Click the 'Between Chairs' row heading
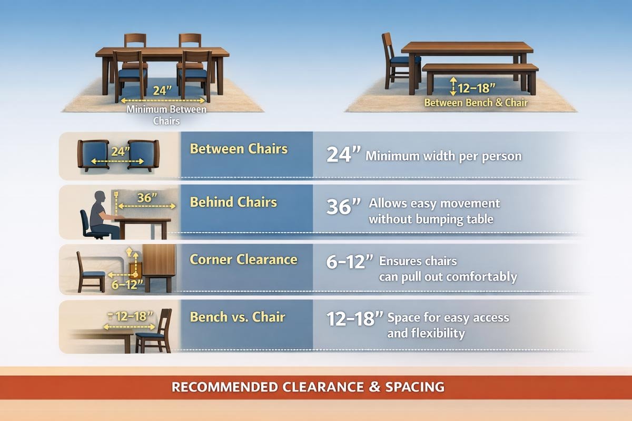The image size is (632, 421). (x=239, y=149)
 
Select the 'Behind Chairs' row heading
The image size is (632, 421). (x=233, y=203)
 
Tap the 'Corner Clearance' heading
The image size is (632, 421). (x=243, y=259)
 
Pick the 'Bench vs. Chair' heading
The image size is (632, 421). (x=237, y=317)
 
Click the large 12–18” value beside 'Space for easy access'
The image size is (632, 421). (x=354, y=319)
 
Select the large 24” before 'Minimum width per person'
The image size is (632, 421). (x=343, y=155)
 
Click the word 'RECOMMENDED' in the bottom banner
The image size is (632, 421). (x=224, y=388)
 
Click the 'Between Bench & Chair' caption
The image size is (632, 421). (x=476, y=103)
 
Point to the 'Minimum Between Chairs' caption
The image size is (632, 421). (x=166, y=115)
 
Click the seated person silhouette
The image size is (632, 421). (x=100, y=213)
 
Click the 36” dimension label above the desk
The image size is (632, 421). (x=147, y=198)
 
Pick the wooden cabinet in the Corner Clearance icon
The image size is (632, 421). (x=159, y=263)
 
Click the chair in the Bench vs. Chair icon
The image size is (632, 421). (x=155, y=332)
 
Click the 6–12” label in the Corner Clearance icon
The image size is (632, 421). (x=124, y=285)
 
